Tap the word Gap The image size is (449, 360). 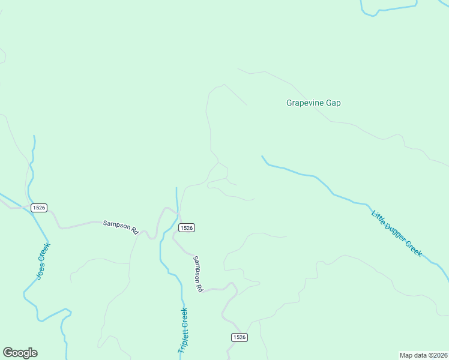pyautogui.click(x=333, y=103)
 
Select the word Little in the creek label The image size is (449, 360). pyautogui.click(x=380, y=218)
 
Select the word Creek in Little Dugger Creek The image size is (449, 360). pyautogui.click(x=414, y=248)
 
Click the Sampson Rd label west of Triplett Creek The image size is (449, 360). pyautogui.click(x=121, y=226)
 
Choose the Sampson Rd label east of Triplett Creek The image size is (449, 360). pyautogui.click(x=197, y=274)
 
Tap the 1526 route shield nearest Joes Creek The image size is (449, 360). pyautogui.click(x=39, y=208)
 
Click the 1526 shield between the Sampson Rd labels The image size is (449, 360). pyautogui.click(x=186, y=227)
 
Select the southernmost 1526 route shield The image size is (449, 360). pyautogui.click(x=239, y=338)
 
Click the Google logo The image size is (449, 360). pyautogui.click(x=20, y=353)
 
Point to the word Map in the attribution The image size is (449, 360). pyautogui.click(x=407, y=355)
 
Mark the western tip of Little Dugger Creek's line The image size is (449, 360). pyautogui.click(x=262, y=157)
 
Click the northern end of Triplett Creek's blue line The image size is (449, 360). pyautogui.click(x=176, y=188)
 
